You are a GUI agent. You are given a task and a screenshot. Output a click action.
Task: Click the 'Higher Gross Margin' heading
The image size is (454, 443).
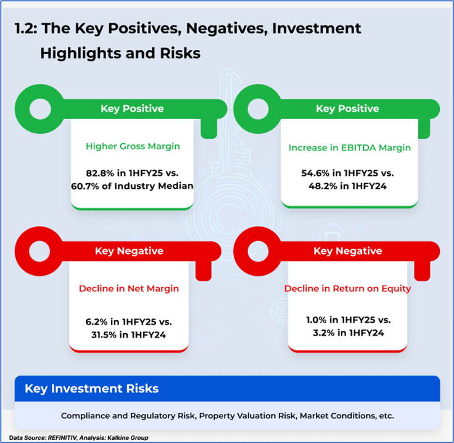click(x=133, y=146)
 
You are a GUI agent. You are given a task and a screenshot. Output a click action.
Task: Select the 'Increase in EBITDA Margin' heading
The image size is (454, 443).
click(x=350, y=147)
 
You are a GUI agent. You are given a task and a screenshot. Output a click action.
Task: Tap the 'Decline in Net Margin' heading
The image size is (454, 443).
click(x=129, y=289)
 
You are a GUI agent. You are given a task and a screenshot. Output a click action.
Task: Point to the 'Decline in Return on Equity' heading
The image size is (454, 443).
click(x=347, y=289)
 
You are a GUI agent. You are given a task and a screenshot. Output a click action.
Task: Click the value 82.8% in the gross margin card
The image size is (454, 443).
click(x=100, y=173)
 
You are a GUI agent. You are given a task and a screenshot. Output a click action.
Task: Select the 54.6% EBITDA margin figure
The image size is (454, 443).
click(x=315, y=173)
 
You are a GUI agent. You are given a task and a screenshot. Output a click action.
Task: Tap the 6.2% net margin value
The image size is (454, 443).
click(x=96, y=322)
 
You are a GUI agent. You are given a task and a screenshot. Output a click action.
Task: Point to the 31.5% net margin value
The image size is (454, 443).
click(x=104, y=335)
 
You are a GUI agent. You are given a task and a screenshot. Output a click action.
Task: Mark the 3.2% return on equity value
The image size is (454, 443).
click(x=324, y=333)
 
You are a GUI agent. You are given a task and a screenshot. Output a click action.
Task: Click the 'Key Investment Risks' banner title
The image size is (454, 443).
click(x=92, y=389)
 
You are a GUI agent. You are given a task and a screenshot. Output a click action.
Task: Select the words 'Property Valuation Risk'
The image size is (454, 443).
click(x=247, y=416)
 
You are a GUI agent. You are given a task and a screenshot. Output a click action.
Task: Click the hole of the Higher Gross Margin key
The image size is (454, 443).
click(x=40, y=109)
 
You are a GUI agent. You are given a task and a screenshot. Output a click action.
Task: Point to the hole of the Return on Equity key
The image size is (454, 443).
click(x=258, y=251)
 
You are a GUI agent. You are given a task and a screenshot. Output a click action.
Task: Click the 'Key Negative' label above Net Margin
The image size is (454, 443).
click(x=129, y=251)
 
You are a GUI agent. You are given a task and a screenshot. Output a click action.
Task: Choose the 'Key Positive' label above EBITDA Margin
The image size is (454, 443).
click(x=347, y=109)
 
